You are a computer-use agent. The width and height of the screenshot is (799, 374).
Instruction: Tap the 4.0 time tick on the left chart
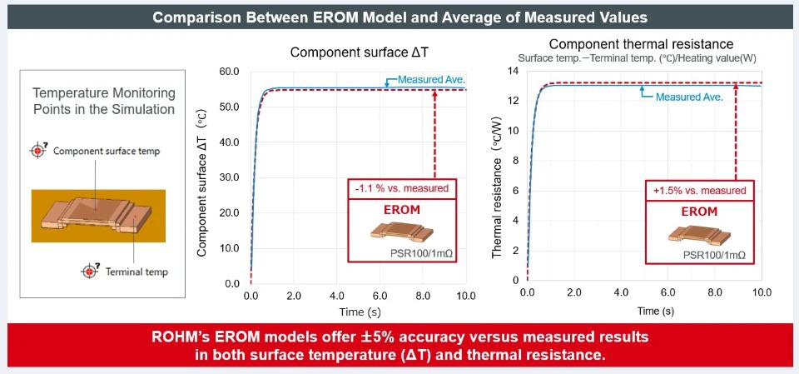click(x=337, y=297)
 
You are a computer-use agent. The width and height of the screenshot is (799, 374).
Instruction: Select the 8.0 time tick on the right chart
click(x=715, y=292)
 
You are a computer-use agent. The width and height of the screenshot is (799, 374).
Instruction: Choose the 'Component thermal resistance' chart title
click(x=641, y=43)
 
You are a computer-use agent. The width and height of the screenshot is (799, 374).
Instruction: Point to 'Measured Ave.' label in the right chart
click(x=689, y=96)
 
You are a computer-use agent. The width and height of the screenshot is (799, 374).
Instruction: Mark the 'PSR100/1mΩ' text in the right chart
click(x=714, y=254)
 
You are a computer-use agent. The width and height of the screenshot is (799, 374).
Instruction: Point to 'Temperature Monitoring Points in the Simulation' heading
click(x=103, y=100)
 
